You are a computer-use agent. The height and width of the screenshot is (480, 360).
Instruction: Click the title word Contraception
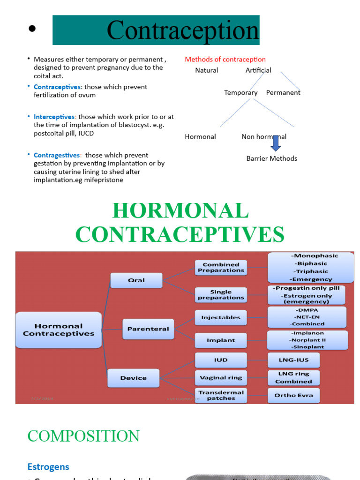pyautogui.click(x=183, y=31)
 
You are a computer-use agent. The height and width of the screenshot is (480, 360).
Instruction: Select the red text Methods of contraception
pyautogui.click(x=225, y=60)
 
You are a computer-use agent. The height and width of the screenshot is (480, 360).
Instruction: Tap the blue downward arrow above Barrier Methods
pyautogui.click(x=276, y=143)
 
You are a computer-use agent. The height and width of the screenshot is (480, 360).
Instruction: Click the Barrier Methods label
pyautogui.click(x=272, y=158)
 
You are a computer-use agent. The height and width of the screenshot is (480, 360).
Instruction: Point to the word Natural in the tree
pyautogui.click(x=207, y=70)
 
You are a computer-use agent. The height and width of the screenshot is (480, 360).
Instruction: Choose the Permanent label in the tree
pyautogui.click(x=283, y=92)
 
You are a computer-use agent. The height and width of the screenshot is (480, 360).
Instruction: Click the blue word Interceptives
pyautogui.click(x=54, y=117)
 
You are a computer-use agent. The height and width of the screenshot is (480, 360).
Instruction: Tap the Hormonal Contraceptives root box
pyautogui.click(x=59, y=330)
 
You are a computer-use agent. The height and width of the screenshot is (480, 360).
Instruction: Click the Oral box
pyautogui.click(x=136, y=280)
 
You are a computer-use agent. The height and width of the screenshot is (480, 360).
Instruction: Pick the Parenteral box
pyautogui.click(x=148, y=329)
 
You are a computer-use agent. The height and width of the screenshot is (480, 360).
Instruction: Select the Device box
pyautogui.click(x=134, y=378)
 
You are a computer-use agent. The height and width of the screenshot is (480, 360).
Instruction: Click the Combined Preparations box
pyautogui.click(x=221, y=267)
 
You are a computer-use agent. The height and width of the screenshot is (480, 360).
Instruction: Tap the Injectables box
pyautogui.click(x=221, y=317)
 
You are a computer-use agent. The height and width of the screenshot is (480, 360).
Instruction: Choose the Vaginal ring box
pyautogui.click(x=221, y=377)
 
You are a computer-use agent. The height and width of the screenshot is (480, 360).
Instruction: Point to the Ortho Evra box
pyautogui.click(x=293, y=395)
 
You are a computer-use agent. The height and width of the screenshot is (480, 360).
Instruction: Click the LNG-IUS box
pyautogui.click(x=293, y=360)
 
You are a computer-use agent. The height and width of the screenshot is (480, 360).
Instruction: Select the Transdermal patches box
pyautogui.click(x=221, y=395)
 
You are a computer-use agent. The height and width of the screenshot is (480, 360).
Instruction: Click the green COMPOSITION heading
pyautogui.click(x=83, y=436)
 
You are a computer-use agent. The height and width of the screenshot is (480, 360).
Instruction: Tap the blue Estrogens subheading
pyautogui.click(x=48, y=467)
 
